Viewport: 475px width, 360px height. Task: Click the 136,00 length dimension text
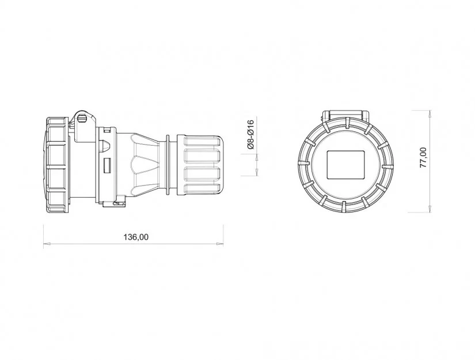pos(136,237)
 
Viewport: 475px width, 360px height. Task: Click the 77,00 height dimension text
pos(423,158)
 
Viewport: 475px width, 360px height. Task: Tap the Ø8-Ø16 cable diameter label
pos(250,135)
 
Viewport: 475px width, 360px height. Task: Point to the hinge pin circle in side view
pos(82,118)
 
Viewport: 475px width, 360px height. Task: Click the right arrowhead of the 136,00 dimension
pos(221,243)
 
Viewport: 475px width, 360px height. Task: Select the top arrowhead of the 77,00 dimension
pos(430,113)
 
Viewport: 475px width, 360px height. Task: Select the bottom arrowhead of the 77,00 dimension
pos(430,209)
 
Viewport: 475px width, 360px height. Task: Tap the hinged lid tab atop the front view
pos(345,115)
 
